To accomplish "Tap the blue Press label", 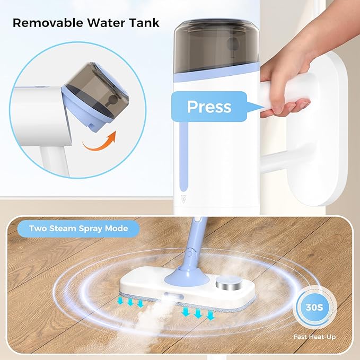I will click(209, 107).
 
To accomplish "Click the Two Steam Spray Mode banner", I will click(78, 230).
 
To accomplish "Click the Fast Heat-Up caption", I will click(315, 337).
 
